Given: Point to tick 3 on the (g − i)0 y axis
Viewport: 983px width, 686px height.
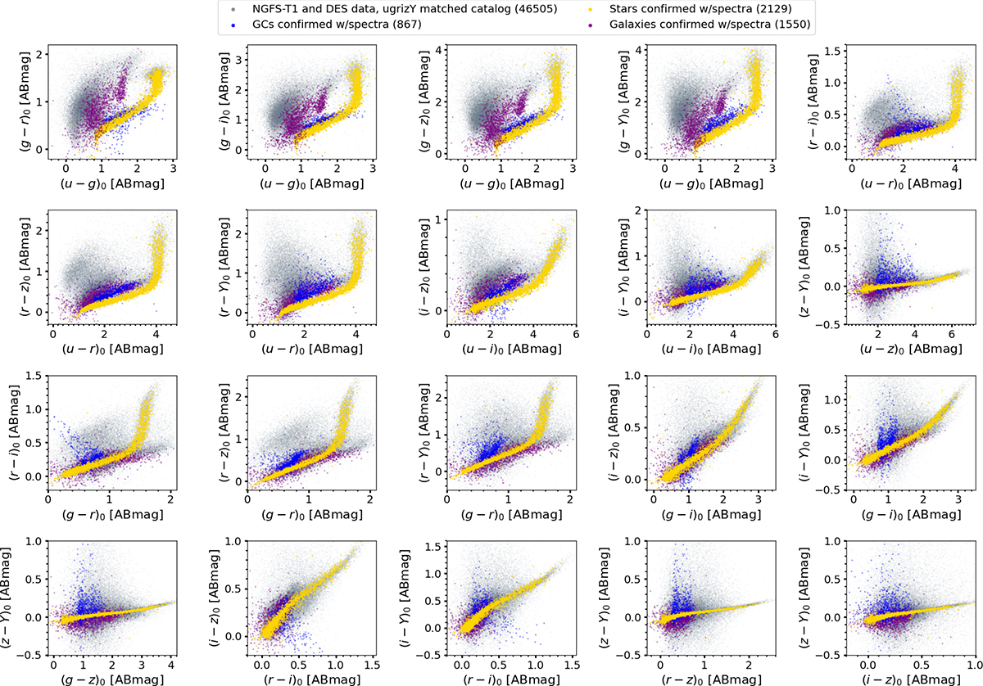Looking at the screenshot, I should coord(239,59).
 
